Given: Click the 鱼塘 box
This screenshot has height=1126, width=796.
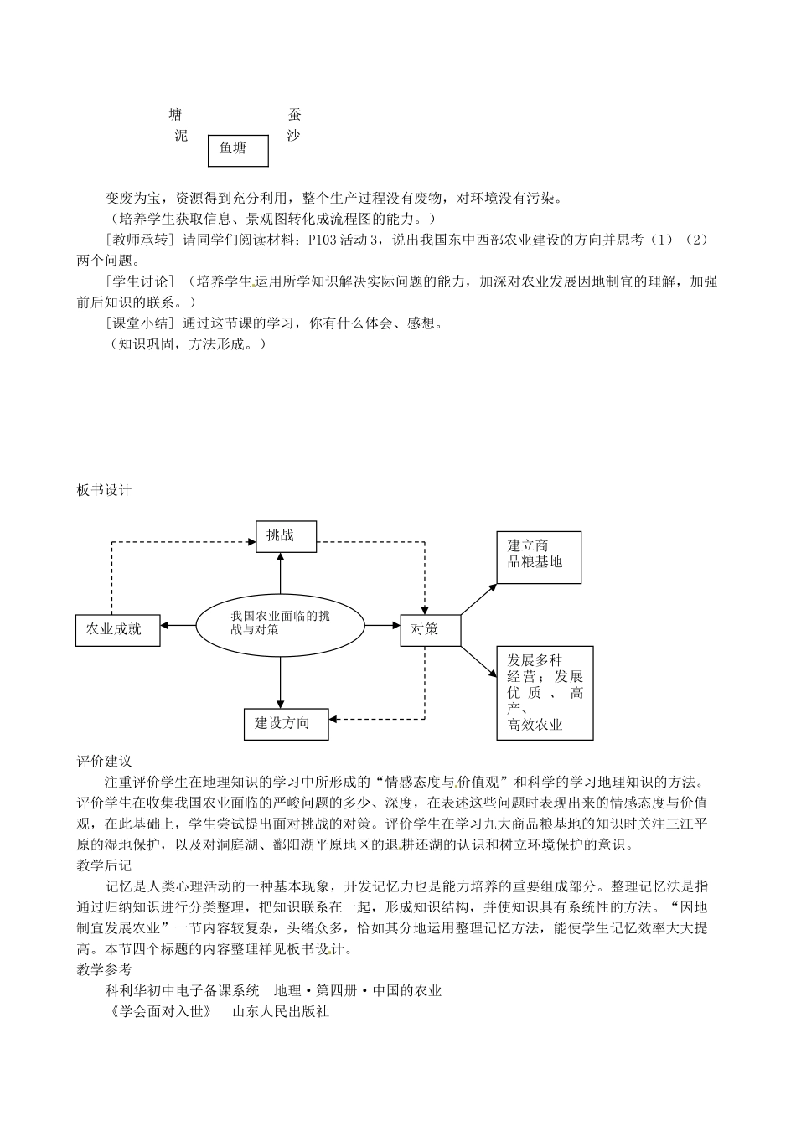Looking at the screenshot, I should point(238,149).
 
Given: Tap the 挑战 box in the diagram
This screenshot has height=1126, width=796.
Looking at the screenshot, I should point(286,536).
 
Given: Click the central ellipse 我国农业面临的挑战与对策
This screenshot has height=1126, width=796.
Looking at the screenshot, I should point(281,623).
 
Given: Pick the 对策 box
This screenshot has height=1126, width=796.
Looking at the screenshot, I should point(431,629).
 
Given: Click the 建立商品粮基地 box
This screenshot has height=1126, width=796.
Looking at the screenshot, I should point(539,557).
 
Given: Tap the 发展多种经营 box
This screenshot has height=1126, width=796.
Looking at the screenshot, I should point(545,692).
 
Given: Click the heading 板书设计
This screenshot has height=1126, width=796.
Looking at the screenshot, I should point(104,491).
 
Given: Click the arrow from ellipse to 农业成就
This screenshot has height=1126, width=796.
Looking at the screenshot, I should point(179,625).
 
